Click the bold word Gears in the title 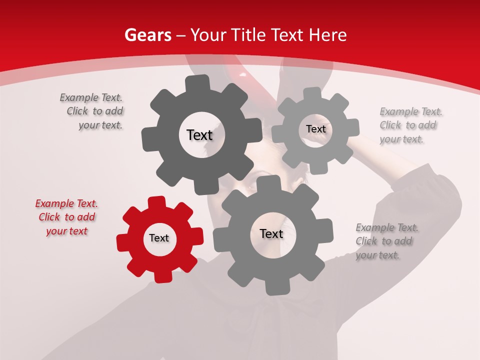click(147, 35)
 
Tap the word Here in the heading click(327, 35)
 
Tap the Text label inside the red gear click(159, 238)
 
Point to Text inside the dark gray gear click(199, 135)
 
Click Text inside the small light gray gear click(315, 129)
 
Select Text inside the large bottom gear click(271, 234)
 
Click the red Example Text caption click(66, 217)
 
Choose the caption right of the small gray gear click(410, 125)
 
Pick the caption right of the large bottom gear click(386, 241)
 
